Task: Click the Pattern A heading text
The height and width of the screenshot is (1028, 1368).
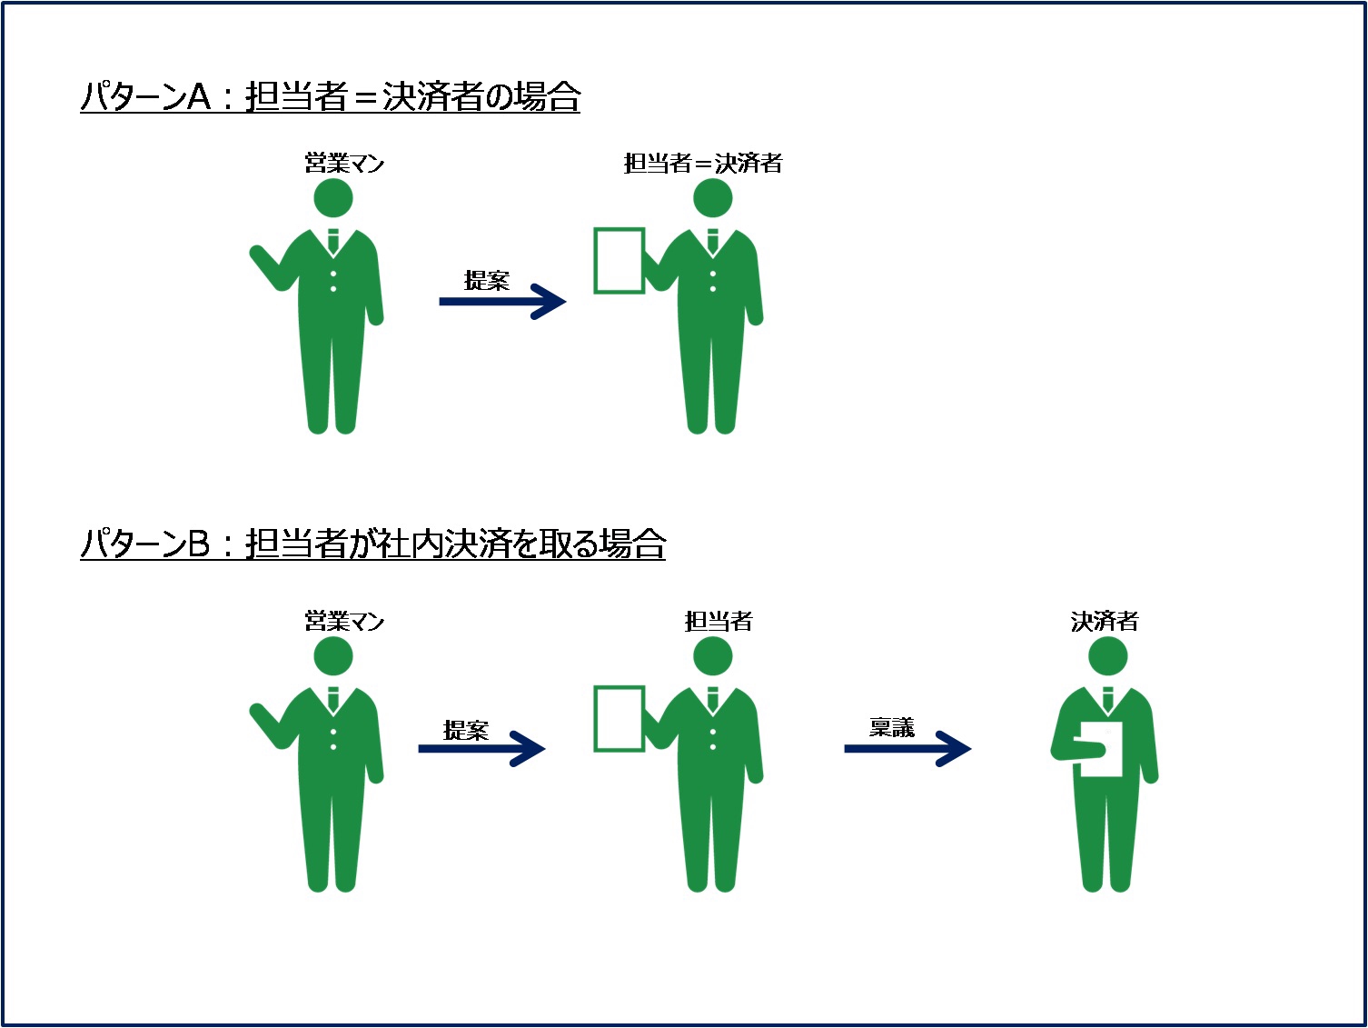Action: [331, 96]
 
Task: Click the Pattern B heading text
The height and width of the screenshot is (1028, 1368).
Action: [372, 543]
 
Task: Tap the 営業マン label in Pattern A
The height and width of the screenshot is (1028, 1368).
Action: [344, 164]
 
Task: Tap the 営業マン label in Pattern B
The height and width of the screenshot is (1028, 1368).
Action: [344, 621]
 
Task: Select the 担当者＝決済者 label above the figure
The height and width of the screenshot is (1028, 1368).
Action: [703, 164]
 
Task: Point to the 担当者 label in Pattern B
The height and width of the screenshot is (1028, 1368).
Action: [719, 621]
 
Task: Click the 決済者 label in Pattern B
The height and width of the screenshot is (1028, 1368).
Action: [1105, 621]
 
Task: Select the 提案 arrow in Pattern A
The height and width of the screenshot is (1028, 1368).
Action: [502, 302]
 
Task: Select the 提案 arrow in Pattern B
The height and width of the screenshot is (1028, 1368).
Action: [481, 749]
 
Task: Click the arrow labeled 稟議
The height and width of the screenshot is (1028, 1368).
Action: [907, 749]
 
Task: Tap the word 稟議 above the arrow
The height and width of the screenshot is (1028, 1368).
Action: [892, 727]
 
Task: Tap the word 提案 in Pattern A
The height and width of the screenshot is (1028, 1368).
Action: [486, 281]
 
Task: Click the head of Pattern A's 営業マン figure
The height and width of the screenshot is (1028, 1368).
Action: [333, 198]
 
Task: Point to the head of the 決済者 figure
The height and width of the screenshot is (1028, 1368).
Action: [1107, 656]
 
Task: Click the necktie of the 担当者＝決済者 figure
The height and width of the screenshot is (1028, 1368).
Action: [713, 242]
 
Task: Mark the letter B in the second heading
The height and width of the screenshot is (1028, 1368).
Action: [198, 544]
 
